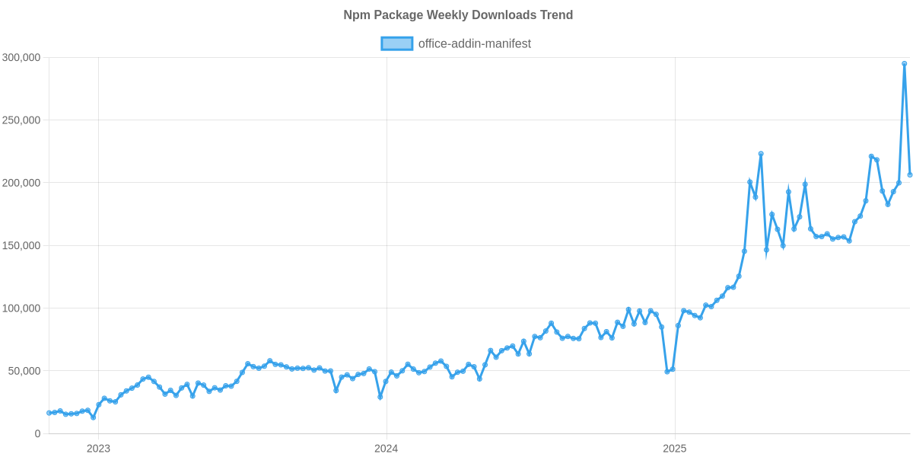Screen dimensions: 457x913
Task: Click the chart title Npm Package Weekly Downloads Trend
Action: point(456,15)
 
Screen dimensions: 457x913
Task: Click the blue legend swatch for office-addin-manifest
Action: point(396,43)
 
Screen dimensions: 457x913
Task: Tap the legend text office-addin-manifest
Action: point(475,43)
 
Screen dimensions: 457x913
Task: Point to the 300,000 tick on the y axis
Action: point(21,57)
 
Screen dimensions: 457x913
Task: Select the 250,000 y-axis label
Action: point(21,120)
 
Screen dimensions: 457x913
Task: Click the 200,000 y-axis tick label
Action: point(21,183)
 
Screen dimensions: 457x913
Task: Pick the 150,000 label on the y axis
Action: point(21,246)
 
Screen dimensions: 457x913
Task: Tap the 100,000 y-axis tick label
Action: point(21,308)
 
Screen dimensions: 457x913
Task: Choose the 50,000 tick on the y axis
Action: point(24,371)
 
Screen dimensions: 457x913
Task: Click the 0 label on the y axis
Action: point(37,433)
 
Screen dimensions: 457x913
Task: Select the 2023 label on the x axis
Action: point(98,449)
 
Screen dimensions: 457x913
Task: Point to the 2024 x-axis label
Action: point(386,449)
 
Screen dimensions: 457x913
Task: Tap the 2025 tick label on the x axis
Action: point(674,449)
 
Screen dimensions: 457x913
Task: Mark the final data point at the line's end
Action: point(910,175)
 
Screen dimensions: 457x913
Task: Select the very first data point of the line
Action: point(49,413)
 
